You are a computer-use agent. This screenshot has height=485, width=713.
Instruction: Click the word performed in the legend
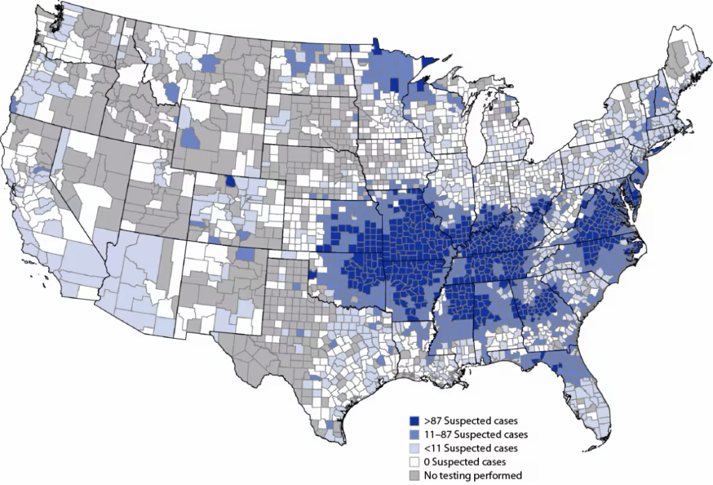(x=499, y=475)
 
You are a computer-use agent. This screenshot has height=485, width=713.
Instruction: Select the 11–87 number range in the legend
(x=437, y=435)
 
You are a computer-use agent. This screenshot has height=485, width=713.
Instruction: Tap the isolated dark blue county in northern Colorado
(x=230, y=183)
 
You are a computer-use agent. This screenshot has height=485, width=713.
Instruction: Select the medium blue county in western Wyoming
(x=189, y=137)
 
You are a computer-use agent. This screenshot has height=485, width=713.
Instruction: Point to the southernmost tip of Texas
(x=341, y=433)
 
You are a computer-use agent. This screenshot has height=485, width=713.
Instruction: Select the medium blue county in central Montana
(x=208, y=63)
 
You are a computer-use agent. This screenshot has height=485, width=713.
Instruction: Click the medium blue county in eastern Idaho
(x=172, y=92)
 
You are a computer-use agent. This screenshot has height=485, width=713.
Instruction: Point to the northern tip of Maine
(x=676, y=29)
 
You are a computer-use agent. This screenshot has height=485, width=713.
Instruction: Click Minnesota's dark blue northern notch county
(x=376, y=46)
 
